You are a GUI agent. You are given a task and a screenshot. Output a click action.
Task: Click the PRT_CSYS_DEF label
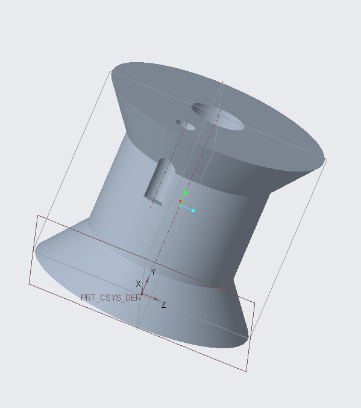click(110, 298)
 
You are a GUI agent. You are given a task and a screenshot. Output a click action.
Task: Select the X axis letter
click(138, 284)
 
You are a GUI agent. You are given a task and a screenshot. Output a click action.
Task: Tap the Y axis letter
click(153, 272)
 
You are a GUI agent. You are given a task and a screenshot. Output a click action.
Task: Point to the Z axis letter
click(163, 305)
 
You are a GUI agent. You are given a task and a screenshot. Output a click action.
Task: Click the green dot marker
click(185, 193)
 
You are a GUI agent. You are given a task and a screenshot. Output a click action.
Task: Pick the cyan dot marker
click(193, 211)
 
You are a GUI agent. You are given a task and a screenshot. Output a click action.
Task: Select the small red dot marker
click(180, 201)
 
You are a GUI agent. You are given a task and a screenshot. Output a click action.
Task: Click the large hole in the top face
click(218, 116)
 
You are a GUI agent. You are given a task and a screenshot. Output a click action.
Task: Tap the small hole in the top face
click(186, 125)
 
